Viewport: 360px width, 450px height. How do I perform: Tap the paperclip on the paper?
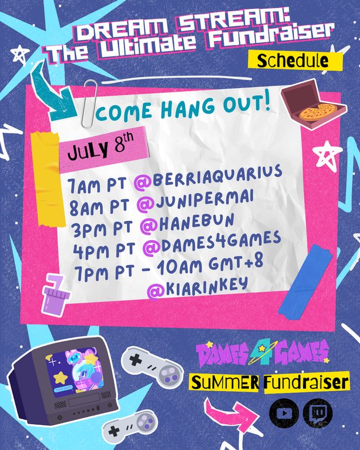point(90,103)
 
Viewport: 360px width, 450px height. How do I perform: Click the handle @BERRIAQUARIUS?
point(208,178)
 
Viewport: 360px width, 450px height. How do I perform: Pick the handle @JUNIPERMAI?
point(195,201)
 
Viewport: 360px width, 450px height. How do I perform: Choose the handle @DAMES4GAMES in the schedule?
point(212,243)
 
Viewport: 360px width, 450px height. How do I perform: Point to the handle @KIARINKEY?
point(197,288)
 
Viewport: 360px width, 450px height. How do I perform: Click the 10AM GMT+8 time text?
point(210,265)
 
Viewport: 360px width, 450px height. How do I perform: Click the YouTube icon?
point(284,413)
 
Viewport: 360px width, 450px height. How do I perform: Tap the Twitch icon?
point(318,413)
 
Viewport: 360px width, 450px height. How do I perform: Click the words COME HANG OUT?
point(183,107)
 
